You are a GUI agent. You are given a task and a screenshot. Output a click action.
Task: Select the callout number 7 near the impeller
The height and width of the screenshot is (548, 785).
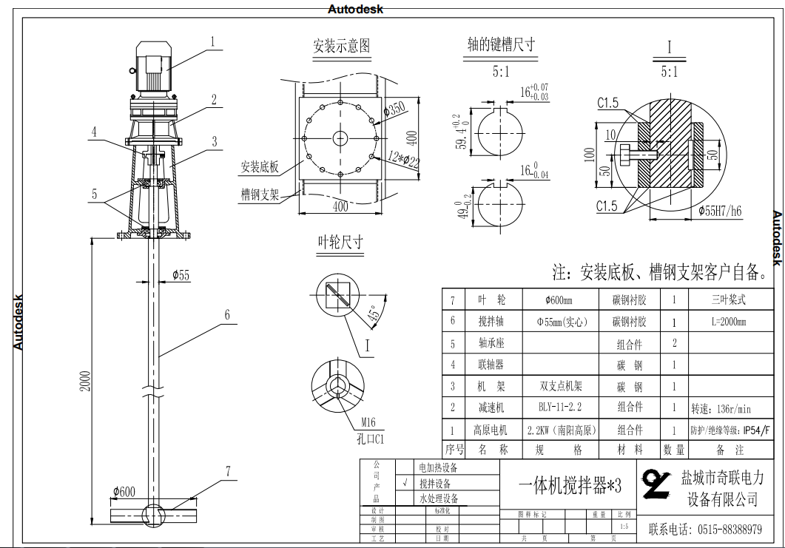[228, 470]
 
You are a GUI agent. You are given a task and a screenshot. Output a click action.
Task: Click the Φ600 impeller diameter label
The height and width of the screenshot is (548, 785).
[124, 492]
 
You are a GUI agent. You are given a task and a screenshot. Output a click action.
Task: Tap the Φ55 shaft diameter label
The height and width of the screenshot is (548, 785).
[181, 276]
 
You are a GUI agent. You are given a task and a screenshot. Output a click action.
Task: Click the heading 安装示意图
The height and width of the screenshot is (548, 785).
[341, 47]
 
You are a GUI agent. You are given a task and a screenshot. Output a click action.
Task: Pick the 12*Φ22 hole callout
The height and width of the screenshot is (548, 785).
[403, 160]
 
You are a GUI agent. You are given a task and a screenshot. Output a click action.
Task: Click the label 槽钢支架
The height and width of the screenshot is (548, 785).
[260, 194]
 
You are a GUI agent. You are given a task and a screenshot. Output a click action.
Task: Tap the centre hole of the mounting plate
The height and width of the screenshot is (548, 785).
[340, 138]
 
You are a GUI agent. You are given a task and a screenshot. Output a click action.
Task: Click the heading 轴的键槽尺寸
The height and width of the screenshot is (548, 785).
[501, 44]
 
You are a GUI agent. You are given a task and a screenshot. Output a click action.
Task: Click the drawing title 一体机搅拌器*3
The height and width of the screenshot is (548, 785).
[566, 485]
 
